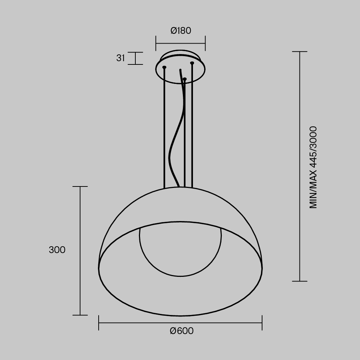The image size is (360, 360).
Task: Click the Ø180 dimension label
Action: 181,31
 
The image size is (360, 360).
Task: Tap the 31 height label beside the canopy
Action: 120,58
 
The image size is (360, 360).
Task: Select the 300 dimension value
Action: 57,250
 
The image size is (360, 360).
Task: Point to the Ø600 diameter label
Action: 181,331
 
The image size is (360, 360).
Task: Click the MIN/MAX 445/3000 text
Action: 313,167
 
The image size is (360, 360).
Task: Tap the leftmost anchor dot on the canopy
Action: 165,67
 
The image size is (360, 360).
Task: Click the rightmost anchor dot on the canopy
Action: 192,63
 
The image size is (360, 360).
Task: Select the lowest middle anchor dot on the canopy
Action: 185,79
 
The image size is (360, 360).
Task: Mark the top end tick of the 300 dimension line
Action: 80,186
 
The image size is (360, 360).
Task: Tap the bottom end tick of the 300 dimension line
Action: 80,315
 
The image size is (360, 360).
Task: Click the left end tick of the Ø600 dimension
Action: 99,323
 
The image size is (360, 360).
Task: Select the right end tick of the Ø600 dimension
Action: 262,323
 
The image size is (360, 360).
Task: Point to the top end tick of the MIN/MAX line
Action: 300,51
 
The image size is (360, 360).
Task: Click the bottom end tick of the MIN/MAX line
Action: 300,281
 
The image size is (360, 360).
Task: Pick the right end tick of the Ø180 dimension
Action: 205,43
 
